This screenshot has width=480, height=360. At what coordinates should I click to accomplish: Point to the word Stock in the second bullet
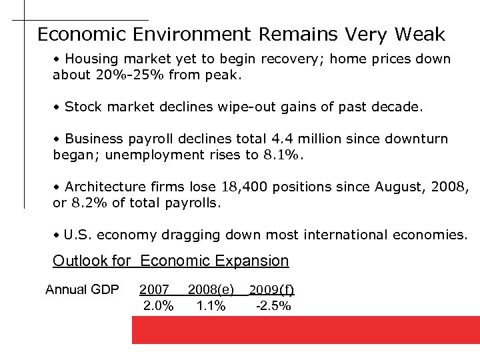[x=83, y=107]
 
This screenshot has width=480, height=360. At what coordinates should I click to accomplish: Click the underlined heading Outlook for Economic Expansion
[x=171, y=261]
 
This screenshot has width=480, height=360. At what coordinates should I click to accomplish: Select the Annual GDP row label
[x=82, y=289]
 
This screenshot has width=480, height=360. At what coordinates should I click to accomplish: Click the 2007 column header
[x=154, y=289]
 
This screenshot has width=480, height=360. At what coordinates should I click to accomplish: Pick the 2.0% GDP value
[x=159, y=306]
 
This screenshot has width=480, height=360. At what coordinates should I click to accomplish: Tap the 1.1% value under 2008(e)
[x=211, y=306]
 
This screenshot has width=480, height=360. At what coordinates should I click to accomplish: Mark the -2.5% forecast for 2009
[x=273, y=306]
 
